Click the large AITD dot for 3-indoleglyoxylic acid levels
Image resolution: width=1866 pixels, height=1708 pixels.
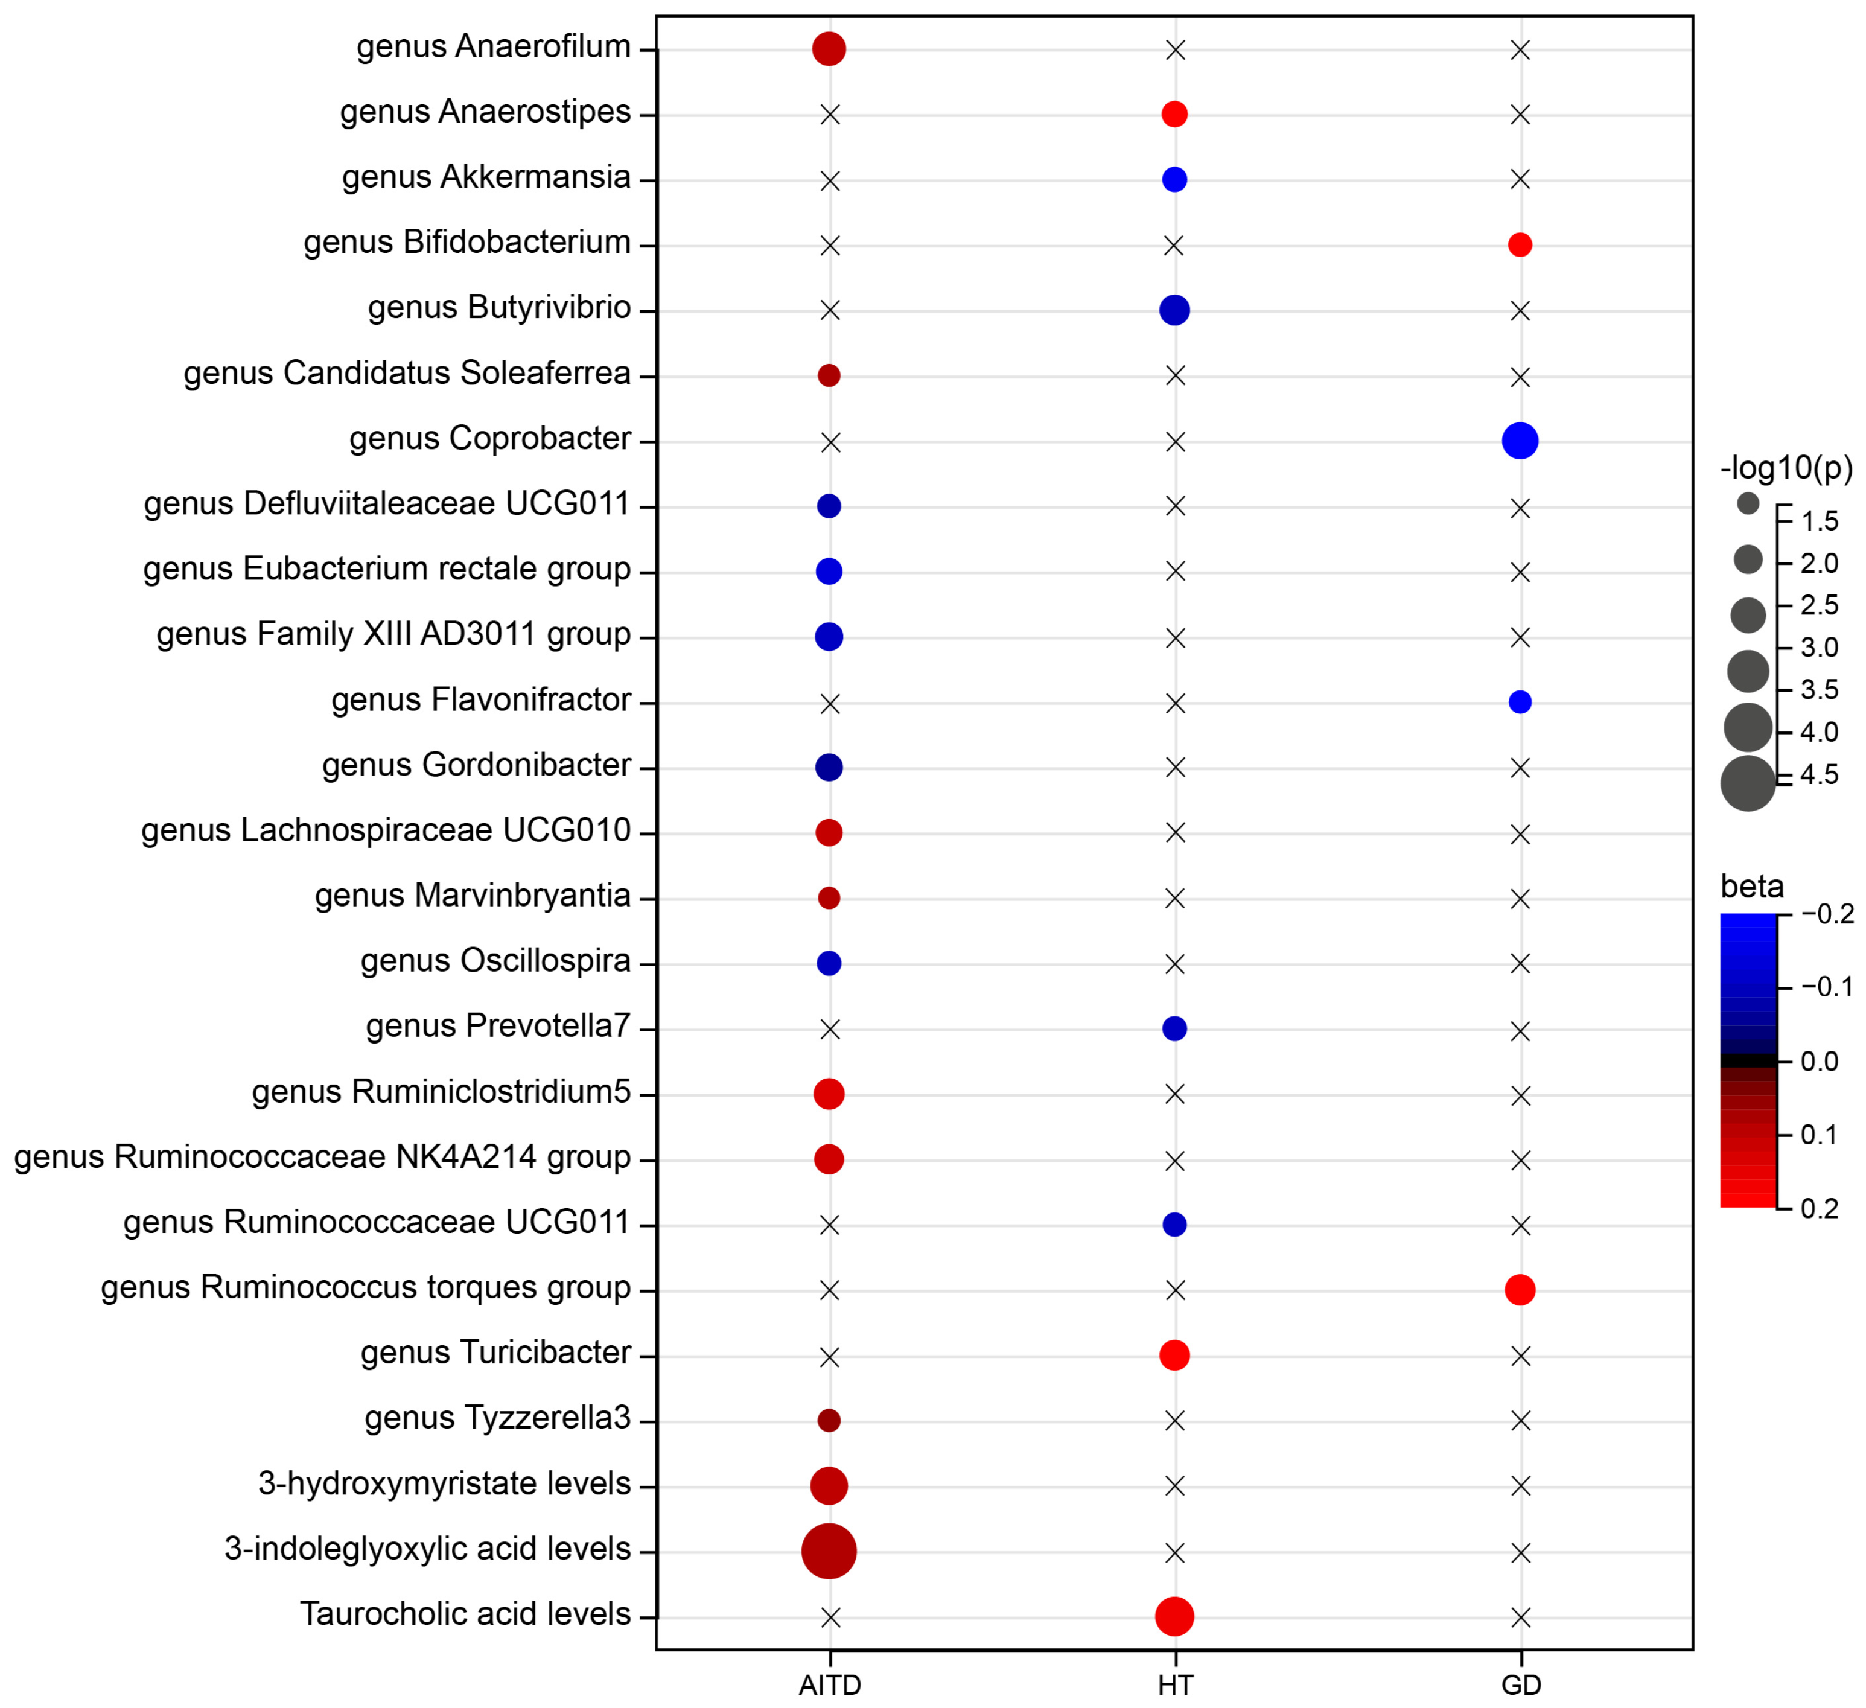tap(829, 1550)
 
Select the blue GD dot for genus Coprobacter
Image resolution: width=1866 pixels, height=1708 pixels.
tap(1520, 441)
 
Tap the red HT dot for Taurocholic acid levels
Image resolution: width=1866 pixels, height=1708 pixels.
tap(1174, 1616)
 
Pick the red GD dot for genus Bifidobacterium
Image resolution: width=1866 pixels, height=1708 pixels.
tap(1520, 244)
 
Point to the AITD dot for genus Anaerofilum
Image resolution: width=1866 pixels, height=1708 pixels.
tap(829, 48)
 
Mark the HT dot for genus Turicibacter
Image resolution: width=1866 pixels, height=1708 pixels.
tap(1174, 1356)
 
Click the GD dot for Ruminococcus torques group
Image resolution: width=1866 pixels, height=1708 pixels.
tap(1520, 1290)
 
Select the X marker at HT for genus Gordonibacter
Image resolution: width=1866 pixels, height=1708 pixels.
tap(1174, 768)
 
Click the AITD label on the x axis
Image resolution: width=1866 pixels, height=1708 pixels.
tap(829, 1685)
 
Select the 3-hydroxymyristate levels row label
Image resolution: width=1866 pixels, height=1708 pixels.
tap(444, 1484)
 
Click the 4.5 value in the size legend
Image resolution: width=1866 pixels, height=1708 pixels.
tap(1819, 775)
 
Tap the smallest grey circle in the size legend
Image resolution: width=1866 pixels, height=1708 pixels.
tap(1748, 503)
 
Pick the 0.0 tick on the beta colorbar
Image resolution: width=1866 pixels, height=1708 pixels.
tap(1819, 1061)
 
